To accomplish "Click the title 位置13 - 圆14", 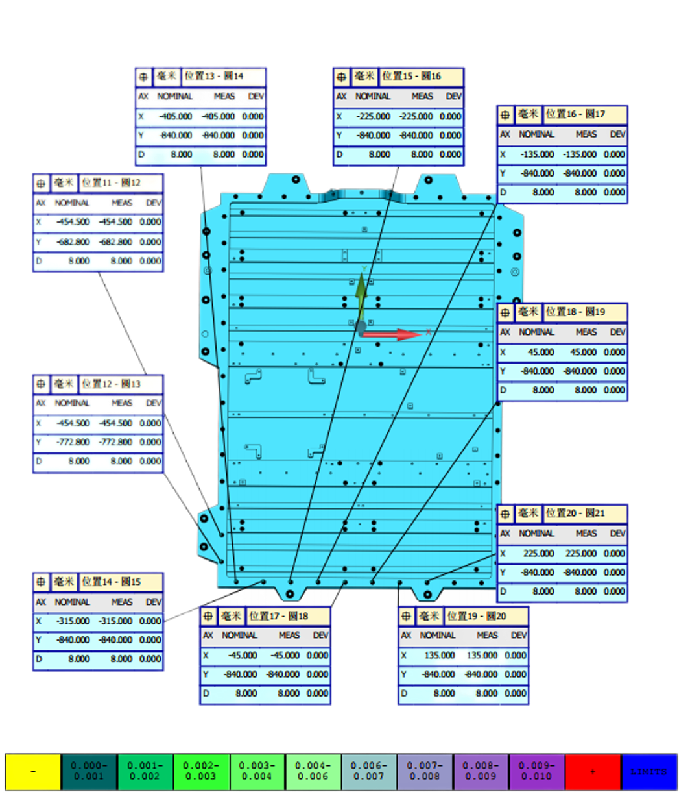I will click(214, 77).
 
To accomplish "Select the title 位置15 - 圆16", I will click(411, 77).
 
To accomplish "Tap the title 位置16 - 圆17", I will click(575, 114).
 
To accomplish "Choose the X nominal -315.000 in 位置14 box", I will click(73, 621).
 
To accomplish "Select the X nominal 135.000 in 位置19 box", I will click(439, 655).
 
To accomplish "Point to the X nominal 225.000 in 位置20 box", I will click(538, 553).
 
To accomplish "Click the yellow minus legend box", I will click(33, 772).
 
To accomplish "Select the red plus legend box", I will click(592, 772).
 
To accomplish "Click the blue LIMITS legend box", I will click(648, 772).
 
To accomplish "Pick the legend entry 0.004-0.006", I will click(313, 772).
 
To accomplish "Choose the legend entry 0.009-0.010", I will click(536, 772).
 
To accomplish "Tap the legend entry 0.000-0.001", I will click(89, 772).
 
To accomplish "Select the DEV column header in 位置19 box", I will click(518, 635).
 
